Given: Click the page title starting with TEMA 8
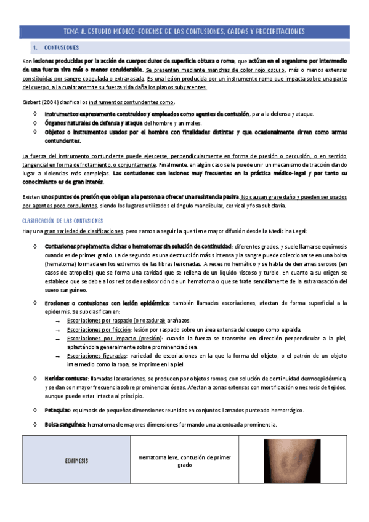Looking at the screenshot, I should pos(184,31).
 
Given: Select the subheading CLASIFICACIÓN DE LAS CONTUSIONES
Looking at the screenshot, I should pos(62,220).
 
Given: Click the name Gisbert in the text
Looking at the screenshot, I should pos(32,102).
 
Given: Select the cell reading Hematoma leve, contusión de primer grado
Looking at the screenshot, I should pos(184,461).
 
